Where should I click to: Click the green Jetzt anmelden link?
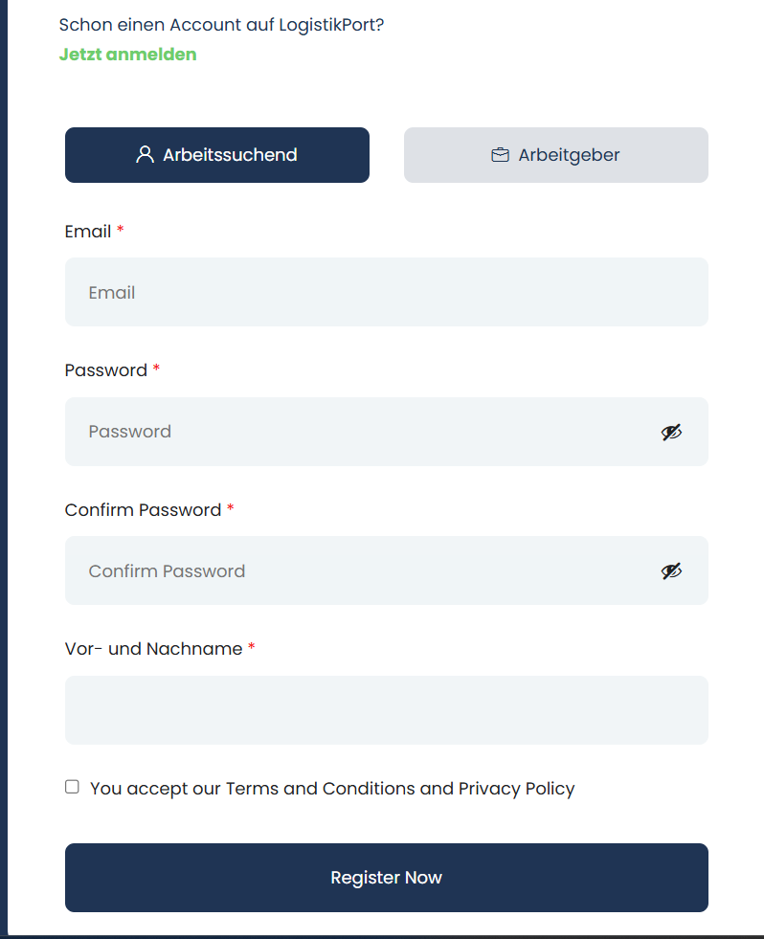127,55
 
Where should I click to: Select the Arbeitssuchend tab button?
217,155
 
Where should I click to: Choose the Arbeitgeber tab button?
556,155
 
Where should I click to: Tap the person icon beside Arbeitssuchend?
146,155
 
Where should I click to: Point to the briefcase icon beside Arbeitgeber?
500,155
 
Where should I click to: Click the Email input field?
386,292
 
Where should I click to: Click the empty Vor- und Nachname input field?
386,710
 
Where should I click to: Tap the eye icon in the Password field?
672,432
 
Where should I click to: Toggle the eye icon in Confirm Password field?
672,571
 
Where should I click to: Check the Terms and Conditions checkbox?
72,787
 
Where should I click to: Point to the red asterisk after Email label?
121,231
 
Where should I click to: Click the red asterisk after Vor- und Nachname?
252,648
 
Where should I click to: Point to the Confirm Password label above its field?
143,510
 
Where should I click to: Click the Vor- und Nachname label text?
153,649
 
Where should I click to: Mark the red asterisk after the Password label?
156,369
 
